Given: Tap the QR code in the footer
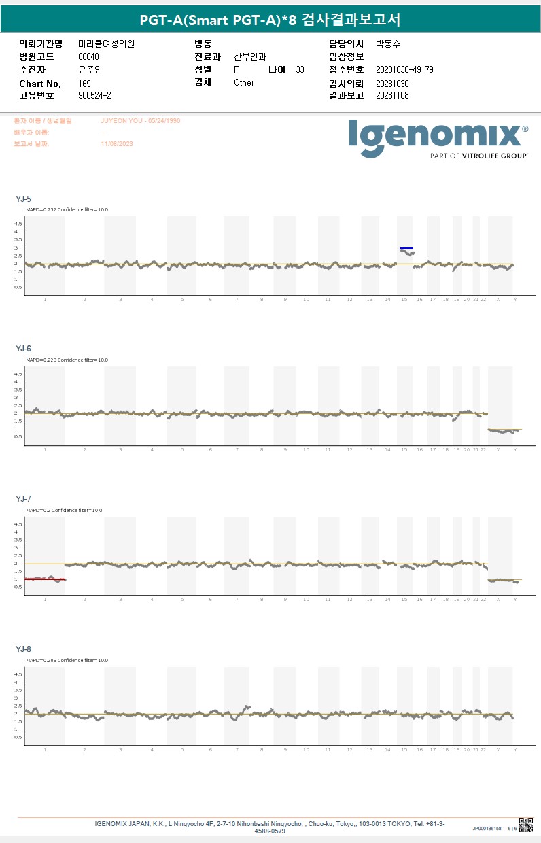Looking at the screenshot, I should coord(525,825).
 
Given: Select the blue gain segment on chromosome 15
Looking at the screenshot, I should coord(406,249).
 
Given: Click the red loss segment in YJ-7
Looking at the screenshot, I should coord(45,579).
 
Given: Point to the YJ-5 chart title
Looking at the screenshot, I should coord(24,199).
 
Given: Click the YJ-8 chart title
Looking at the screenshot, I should coord(24,649).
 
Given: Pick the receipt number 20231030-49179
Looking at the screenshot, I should coord(404,70).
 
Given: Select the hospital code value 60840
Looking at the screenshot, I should coord(88,57).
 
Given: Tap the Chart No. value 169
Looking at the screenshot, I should coord(85,84).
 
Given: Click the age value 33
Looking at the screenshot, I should coord(300,70).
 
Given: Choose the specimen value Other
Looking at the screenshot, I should coord(244,83).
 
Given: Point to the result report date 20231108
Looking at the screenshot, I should coord(392,96).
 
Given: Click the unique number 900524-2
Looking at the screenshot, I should coord(95,96).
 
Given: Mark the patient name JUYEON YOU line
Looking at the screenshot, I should coord(141,120).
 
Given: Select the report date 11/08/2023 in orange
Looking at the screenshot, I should coord(117,144).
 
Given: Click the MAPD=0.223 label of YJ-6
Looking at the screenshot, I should coord(67,360).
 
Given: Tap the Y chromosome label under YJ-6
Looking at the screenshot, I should coord(514,450).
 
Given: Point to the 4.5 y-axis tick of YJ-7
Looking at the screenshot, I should coord(18,524).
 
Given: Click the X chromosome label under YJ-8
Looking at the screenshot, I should coord(498,750).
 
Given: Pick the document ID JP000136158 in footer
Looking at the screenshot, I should coord(487,829).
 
